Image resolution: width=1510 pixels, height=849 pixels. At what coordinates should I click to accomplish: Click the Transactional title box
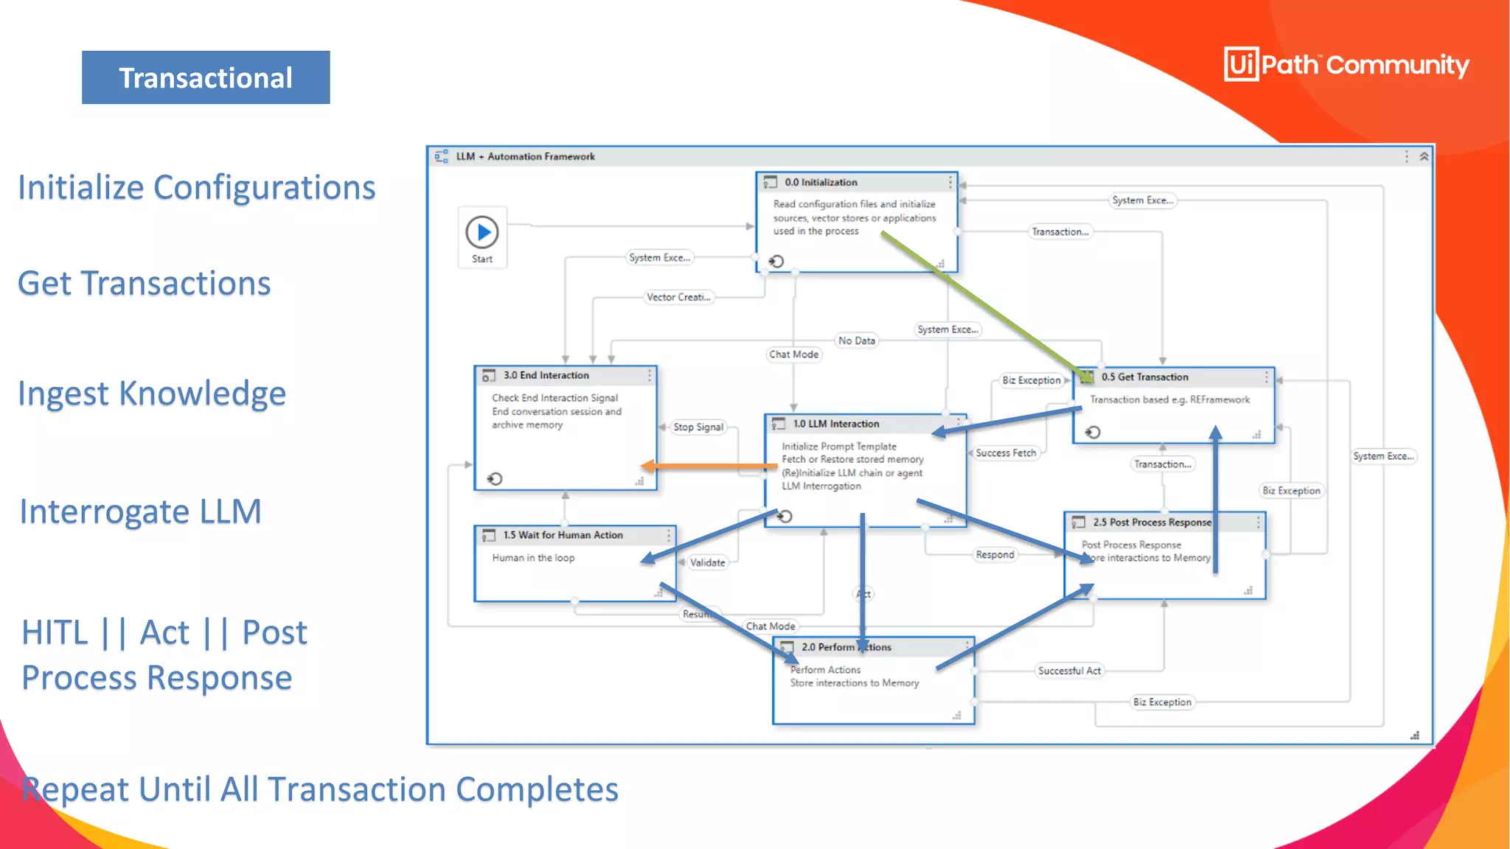click(206, 77)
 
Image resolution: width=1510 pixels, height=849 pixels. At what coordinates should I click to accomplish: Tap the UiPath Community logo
click(1346, 65)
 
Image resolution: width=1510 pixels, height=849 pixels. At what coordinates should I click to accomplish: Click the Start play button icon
click(482, 232)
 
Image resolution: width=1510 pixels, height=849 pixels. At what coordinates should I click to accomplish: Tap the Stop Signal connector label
click(698, 427)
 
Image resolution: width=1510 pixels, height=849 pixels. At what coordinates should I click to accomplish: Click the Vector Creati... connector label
click(678, 297)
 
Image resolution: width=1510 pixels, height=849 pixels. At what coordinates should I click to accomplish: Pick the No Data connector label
click(856, 340)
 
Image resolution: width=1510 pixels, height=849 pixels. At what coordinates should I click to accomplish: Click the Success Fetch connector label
click(1006, 453)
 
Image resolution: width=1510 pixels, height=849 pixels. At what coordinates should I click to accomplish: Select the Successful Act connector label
click(1069, 671)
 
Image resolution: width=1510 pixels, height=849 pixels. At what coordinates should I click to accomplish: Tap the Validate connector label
click(707, 562)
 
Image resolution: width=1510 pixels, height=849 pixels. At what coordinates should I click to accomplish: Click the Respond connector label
click(995, 554)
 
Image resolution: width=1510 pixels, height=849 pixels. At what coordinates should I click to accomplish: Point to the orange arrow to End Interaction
click(708, 466)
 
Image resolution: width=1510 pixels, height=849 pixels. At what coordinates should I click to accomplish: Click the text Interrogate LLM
click(140, 511)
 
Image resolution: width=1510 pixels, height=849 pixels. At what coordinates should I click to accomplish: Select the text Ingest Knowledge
click(152, 394)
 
